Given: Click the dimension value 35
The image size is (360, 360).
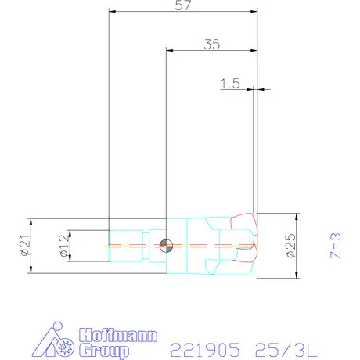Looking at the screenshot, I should (x=211, y=44).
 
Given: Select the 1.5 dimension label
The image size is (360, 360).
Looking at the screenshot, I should (x=230, y=84).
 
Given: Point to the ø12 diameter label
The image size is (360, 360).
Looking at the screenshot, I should (x=61, y=245).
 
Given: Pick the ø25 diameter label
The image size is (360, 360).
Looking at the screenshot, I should (x=290, y=245).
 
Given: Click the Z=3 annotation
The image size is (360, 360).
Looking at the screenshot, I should (x=336, y=245).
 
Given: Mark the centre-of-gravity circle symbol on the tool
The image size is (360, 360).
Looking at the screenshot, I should (x=166, y=245).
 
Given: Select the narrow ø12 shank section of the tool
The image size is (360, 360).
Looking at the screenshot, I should (x=125, y=245).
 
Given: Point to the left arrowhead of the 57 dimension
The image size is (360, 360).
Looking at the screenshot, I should (x=111, y=12).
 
